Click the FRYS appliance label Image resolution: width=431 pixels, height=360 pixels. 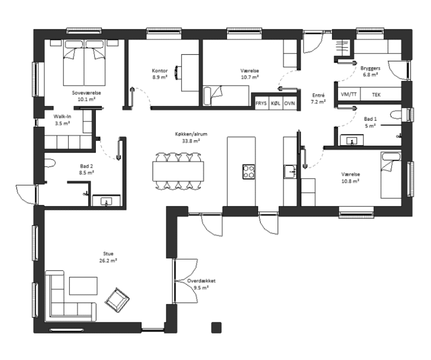[x=261, y=103]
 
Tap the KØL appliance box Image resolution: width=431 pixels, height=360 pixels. [x=275, y=103]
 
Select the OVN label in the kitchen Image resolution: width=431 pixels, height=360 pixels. [x=289, y=103]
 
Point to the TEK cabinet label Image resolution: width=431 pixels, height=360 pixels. [x=376, y=95]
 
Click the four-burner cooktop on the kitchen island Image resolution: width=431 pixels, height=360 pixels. [x=248, y=171]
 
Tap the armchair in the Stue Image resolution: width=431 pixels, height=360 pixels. [x=117, y=300]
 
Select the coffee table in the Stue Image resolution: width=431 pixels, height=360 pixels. [x=83, y=286]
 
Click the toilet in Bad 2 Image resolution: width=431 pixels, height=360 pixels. [x=50, y=163]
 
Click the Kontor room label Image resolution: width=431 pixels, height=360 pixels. [x=160, y=71]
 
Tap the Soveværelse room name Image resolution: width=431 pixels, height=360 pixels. [x=86, y=93]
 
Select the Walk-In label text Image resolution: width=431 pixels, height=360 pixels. [x=62, y=116]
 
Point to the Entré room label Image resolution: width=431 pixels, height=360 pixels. [x=318, y=95]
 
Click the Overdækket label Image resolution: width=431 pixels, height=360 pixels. [x=201, y=281]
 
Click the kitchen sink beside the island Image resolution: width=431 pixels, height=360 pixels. [x=290, y=172]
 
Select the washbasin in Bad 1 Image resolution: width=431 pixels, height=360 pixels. [x=352, y=140]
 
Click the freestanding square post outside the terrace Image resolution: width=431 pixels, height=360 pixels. [x=216, y=328]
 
